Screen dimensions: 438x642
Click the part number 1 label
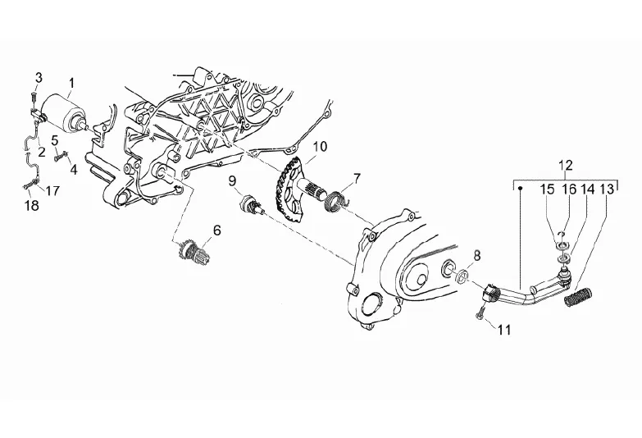tap(71, 82)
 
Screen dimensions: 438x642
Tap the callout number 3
tap(38, 77)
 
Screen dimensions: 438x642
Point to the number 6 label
tap(216, 230)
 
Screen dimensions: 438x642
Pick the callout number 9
tap(232, 180)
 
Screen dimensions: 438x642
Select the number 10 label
tap(296, 147)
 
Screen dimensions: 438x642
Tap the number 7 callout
tap(357, 177)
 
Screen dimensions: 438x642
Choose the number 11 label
tap(504, 330)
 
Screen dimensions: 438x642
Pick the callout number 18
tap(32, 206)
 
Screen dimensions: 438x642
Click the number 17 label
tap(52, 191)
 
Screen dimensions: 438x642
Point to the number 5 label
tap(54, 139)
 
